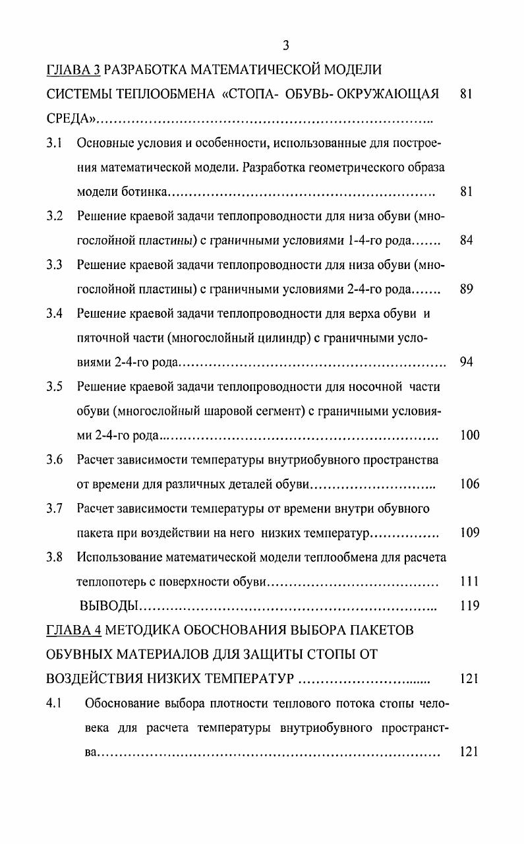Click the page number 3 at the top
[285, 45]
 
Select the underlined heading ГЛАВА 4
[74, 630]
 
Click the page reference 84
[467, 241]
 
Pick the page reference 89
[467, 289]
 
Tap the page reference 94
[467, 362]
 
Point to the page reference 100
[470, 435]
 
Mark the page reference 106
[470, 484]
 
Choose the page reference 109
[470, 533]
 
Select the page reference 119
[470, 606]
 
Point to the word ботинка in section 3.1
[145, 193]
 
